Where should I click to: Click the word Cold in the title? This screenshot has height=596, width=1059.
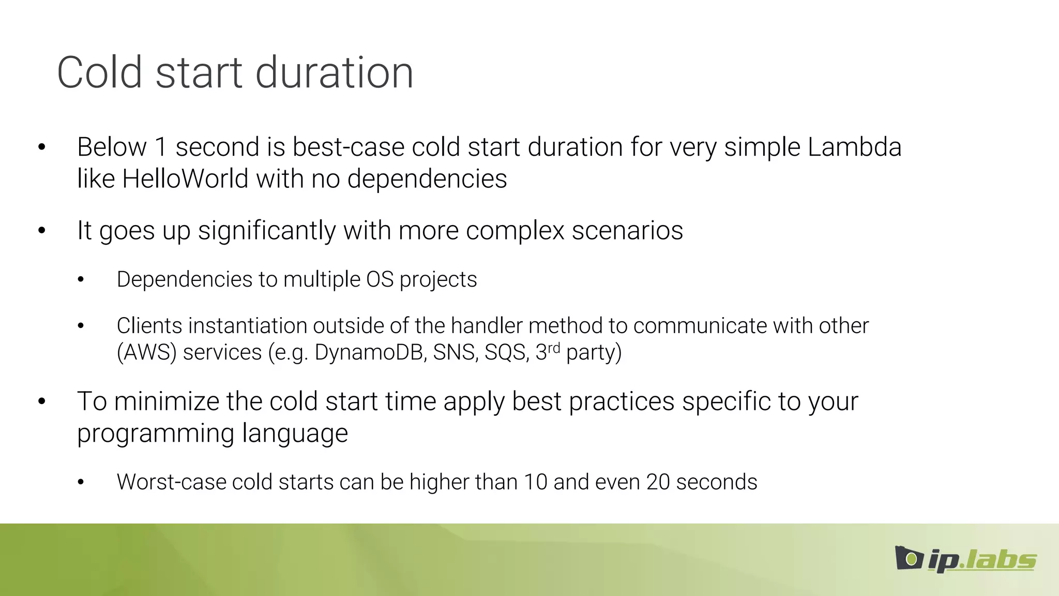pos(99,72)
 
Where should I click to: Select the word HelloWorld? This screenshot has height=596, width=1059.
pos(185,179)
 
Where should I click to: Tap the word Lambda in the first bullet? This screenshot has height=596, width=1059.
pos(854,147)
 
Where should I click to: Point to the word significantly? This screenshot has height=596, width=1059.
pos(267,231)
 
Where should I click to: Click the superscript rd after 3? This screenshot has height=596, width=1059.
pos(554,348)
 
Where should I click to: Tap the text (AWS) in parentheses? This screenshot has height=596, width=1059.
pos(147,353)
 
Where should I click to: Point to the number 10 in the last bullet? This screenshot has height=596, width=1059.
pos(535,482)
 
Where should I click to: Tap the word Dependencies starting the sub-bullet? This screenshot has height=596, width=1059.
pos(184,280)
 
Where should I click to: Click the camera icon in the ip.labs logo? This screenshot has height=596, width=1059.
pos(909,558)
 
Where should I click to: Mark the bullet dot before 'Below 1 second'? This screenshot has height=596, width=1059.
pos(42,147)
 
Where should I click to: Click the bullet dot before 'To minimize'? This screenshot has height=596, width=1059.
pos(42,401)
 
